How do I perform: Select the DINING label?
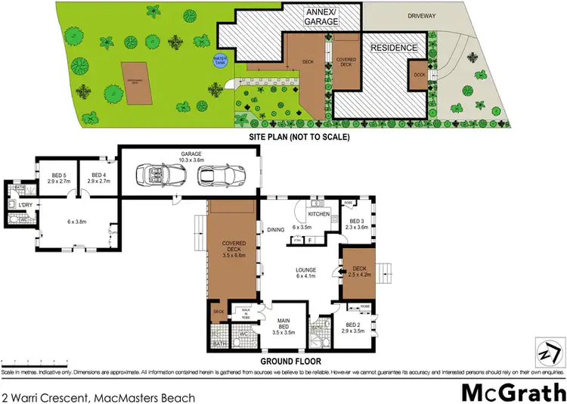pos(275,231)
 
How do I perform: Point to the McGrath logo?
pos(513,393)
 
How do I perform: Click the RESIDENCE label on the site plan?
pos(393,48)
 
